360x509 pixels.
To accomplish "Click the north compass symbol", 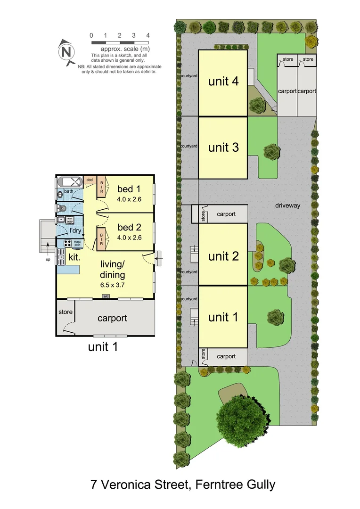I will pos(66,51).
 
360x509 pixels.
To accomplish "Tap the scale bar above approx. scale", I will pos(120,42).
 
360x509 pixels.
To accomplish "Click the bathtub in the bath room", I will pos(71,182).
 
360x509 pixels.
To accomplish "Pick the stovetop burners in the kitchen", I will pos(66,244).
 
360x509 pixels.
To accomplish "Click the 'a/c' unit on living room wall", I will pos(106,296).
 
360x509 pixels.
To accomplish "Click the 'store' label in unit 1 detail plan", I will pos(65,312).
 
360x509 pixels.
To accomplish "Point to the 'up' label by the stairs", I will pos(48,259).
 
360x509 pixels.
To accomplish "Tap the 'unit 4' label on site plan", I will pos(223,82).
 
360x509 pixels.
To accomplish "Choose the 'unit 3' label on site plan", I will pos(223,148).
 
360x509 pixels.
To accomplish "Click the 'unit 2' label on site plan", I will pos(223,256).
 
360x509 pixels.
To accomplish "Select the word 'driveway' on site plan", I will pos(288,205).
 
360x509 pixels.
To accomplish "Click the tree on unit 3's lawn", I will pos(272,152).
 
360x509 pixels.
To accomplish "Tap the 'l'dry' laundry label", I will pos(76,230).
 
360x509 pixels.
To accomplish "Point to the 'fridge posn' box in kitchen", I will pos(77,244).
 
